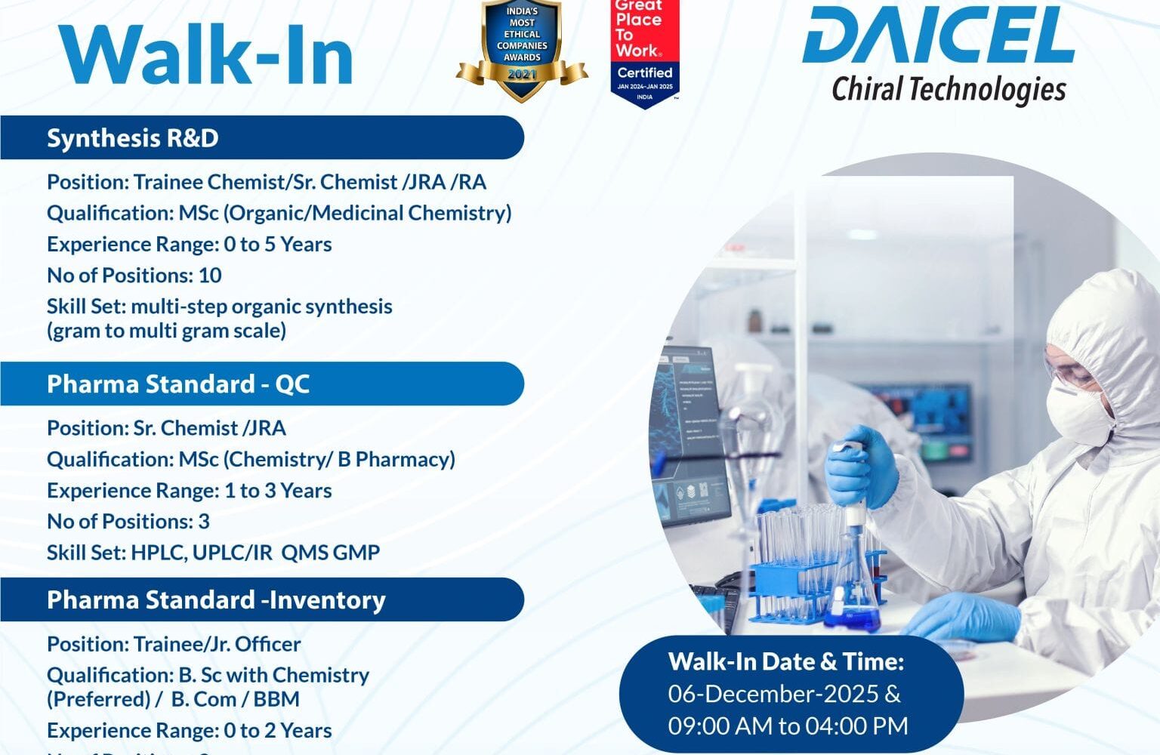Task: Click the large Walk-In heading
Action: (206, 55)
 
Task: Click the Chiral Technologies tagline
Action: (949, 89)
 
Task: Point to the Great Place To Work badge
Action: (644, 53)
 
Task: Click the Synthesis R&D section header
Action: (133, 138)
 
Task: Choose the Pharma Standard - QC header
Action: (178, 384)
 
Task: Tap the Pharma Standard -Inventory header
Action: (216, 600)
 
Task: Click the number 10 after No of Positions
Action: (210, 276)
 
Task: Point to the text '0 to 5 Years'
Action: (278, 245)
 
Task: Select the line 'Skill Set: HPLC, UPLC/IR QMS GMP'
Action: (213, 553)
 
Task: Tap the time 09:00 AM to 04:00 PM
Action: (788, 726)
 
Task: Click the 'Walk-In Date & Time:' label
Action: (786, 661)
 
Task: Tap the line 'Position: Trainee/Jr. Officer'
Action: (174, 644)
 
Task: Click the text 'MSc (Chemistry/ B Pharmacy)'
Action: (317, 460)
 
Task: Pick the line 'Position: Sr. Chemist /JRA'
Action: (166, 428)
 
